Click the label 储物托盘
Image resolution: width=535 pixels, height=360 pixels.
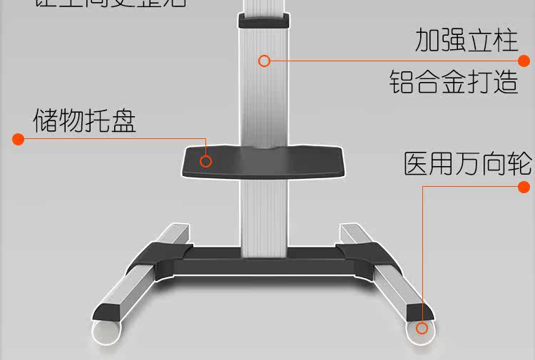(84, 120)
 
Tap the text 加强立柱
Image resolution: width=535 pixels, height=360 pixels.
(467, 40)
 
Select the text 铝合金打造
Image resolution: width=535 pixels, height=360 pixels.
(454, 82)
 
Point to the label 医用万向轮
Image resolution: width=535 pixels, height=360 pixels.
(467, 164)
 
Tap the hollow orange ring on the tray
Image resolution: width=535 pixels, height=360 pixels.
(205, 161)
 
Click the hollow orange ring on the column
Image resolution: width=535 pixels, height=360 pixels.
(264, 61)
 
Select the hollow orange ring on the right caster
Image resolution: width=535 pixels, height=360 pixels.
(422, 328)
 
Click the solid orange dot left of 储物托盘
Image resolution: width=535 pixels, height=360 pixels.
(19, 138)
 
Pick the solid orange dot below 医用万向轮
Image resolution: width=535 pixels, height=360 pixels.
(524, 187)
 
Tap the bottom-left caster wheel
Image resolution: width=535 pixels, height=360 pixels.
(107, 332)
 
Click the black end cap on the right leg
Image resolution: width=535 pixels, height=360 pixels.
(420, 312)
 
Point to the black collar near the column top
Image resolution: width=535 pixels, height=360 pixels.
(264, 20)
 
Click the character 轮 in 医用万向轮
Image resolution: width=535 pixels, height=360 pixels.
(519, 164)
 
